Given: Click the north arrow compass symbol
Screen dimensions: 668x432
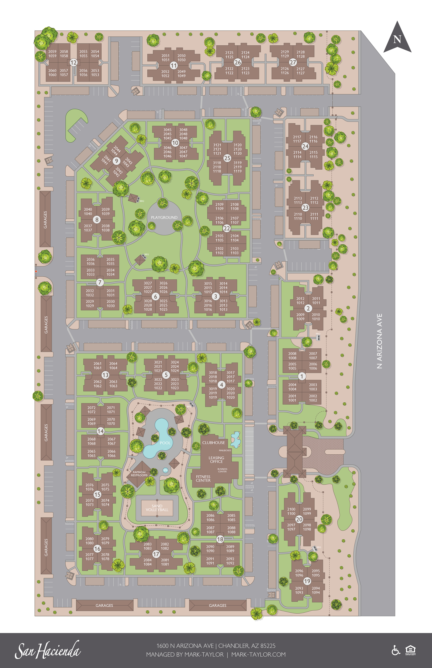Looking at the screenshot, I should pos(397,38).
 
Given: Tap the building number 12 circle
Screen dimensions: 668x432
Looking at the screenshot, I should pos(74,62).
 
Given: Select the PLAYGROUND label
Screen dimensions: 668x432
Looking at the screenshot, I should pos(164,217).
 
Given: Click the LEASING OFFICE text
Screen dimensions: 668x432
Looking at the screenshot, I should pos(216,459).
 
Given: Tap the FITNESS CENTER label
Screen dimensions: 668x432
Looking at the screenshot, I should pos(203,478).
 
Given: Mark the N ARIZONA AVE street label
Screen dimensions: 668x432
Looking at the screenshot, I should pos(379,341).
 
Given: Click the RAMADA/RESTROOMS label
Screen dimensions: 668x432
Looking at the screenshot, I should pos(139,474).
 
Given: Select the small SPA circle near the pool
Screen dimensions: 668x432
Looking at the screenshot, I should pos(165,470).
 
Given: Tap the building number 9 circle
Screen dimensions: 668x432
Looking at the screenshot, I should pos(116,161).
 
